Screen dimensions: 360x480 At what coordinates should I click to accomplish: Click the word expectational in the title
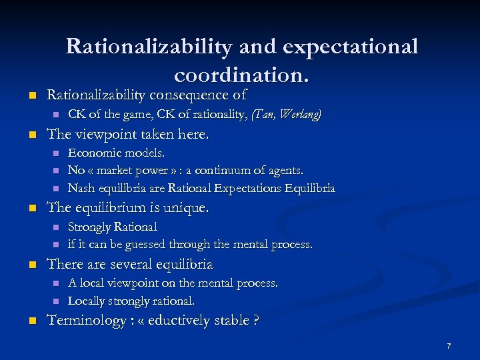tap(350, 47)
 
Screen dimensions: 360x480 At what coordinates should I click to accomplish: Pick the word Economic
tap(93, 153)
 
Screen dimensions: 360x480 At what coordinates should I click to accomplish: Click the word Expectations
tap(243, 188)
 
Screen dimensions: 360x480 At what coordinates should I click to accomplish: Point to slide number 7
tap(449, 346)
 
